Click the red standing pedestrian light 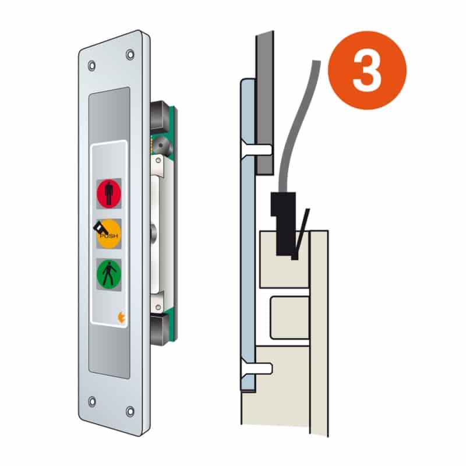coord(109,193)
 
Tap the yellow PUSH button coord(109,234)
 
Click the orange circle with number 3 coord(367,70)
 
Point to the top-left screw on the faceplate coord(92,65)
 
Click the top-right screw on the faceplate coord(130,54)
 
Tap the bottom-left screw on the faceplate coord(92,401)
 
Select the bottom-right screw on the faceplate coord(130,412)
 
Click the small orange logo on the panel coord(121,317)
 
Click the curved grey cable coord(297,125)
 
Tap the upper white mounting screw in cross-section coord(257,150)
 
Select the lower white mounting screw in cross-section coord(257,369)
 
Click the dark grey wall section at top coord(265,103)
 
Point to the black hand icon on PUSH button coord(101,229)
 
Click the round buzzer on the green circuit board coord(161,146)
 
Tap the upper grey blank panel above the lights coord(110,114)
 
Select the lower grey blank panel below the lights coord(110,352)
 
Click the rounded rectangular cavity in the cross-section coord(290,317)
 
